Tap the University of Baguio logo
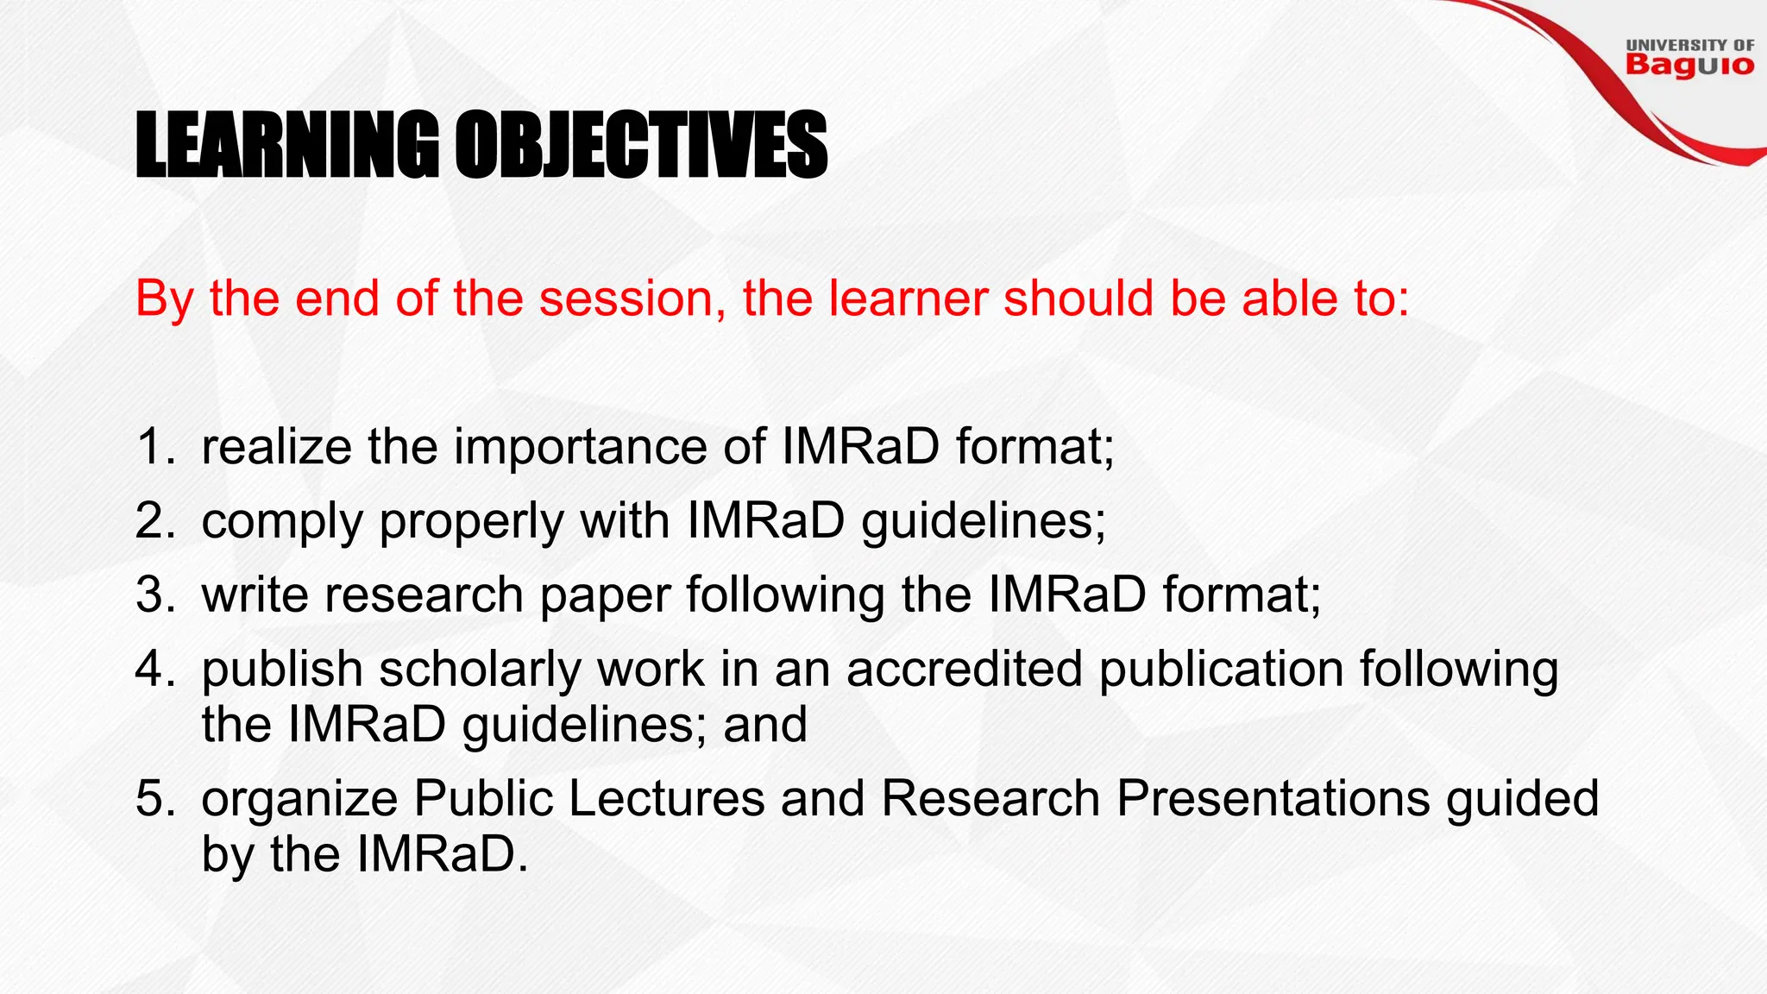click(1689, 58)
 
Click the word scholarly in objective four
click(480, 670)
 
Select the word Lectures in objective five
click(666, 798)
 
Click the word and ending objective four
click(765, 725)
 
